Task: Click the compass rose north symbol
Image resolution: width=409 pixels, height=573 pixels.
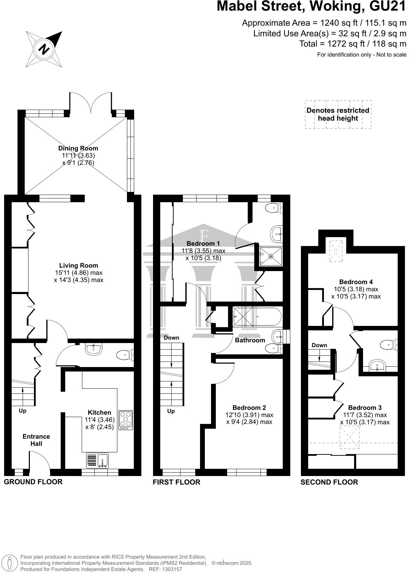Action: tap(44, 49)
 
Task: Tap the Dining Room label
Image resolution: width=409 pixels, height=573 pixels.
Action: tap(78, 148)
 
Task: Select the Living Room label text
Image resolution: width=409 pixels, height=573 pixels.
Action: tap(79, 265)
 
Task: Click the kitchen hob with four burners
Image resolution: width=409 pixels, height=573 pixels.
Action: tap(126, 420)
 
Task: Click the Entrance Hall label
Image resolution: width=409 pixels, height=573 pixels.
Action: tap(36, 440)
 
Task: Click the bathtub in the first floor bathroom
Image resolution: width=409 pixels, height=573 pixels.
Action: tap(257, 316)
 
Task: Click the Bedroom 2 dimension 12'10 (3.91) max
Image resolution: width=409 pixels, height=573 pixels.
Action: tap(249, 415)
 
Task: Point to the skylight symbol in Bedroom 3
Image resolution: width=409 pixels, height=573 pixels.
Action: tap(349, 437)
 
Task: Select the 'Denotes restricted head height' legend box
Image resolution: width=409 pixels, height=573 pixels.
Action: tap(338, 114)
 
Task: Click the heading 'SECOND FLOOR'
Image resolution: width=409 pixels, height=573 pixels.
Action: tap(329, 482)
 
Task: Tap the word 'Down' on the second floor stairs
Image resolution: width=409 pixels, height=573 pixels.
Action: tap(319, 345)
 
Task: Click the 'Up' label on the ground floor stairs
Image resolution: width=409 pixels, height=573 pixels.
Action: tap(22, 411)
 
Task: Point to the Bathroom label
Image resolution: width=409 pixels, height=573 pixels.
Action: tap(250, 340)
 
